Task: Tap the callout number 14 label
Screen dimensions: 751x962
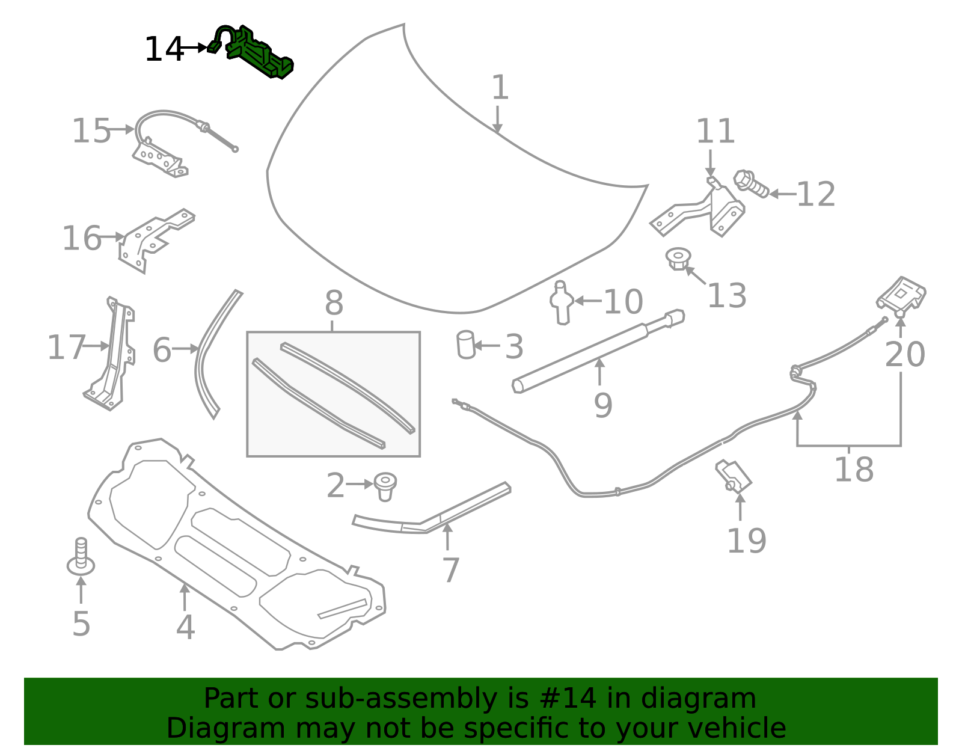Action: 163,49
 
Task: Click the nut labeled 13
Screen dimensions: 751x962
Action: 678,259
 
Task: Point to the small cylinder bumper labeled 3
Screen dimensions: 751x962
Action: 466,345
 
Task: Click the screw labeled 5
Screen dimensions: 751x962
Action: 81,556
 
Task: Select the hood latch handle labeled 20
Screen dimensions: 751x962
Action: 901,296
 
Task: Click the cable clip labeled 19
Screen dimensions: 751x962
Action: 734,476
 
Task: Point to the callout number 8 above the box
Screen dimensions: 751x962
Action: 334,303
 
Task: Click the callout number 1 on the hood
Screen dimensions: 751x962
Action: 500,88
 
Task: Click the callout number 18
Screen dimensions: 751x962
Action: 853,470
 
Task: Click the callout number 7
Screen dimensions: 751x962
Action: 450,570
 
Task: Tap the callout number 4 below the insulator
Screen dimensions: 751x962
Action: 185,627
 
